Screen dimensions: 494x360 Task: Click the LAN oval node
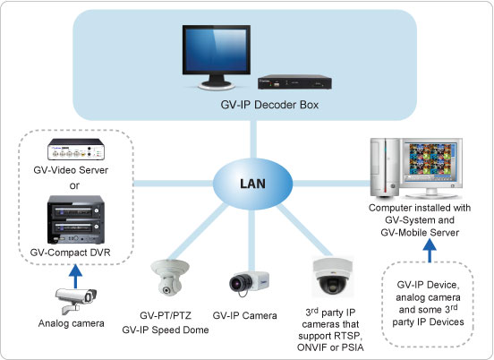coord(252,184)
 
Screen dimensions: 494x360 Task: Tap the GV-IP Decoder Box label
coord(269,105)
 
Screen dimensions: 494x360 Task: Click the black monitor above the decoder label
coord(217,57)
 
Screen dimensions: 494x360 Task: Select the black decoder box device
coord(294,82)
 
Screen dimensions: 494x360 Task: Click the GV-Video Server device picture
coord(76,150)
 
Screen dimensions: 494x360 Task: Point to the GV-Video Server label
coord(71,170)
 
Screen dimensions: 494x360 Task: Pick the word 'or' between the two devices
coord(74,185)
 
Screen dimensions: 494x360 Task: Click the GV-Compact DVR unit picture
coord(75,219)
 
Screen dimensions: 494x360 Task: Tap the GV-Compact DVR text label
coord(71,253)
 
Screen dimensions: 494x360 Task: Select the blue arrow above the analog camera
coord(75,277)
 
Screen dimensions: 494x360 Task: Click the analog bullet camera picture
coord(76,300)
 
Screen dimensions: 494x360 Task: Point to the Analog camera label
coord(72,323)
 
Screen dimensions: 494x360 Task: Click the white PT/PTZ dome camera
coord(170,278)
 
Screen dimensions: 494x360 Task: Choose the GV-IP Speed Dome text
coord(166,330)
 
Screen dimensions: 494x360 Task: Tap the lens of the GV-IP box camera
coord(237,282)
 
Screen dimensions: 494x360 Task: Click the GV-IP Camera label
coord(245,315)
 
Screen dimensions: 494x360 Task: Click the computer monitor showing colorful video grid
coord(431,167)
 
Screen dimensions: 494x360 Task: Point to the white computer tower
coord(385,167)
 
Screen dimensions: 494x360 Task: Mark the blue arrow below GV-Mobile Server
coord(430,251)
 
